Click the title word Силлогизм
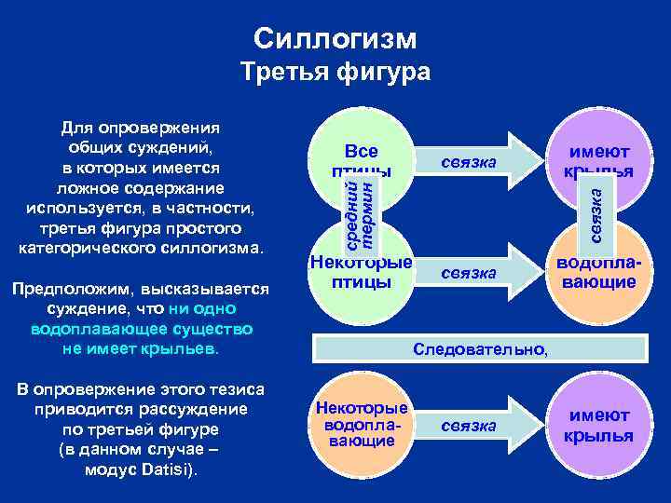(x=335, y=38)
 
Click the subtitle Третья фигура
(x=335, y=73)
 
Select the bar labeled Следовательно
(x=481, y=349)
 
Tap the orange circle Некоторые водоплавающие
(x=362, y=424)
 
